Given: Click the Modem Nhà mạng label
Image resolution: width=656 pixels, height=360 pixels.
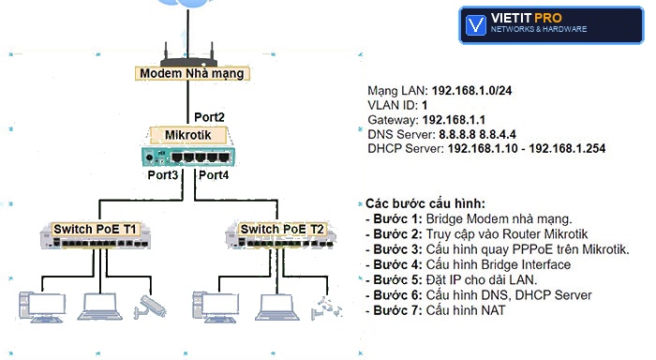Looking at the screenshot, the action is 192,73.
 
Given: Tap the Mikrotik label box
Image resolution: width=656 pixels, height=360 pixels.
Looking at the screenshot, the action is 188,135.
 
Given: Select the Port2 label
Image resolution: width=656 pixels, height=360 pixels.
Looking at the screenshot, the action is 209,117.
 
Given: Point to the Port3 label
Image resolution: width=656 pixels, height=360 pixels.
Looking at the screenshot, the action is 163,175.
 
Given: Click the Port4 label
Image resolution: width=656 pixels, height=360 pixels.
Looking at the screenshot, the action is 214,175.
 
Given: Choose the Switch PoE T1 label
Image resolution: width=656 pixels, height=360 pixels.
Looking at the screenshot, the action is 95,230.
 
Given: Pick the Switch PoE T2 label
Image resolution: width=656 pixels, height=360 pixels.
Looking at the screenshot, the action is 282,230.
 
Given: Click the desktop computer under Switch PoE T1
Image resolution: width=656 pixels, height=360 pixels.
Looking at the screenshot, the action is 42,307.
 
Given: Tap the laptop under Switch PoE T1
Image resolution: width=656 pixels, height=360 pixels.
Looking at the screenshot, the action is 100,307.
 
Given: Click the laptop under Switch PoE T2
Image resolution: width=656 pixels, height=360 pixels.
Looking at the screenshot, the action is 277,307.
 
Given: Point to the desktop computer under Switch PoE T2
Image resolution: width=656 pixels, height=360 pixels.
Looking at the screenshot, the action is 216,307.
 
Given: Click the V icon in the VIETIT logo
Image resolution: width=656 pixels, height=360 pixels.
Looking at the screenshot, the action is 476,25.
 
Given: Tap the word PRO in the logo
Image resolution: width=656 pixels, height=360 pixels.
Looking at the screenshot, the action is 548,18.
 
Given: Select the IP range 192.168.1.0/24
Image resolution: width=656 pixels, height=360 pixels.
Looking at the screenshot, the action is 471,90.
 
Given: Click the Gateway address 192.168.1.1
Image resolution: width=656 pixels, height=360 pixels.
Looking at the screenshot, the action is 454,120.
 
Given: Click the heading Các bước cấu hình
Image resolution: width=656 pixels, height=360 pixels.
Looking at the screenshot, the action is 425,203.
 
